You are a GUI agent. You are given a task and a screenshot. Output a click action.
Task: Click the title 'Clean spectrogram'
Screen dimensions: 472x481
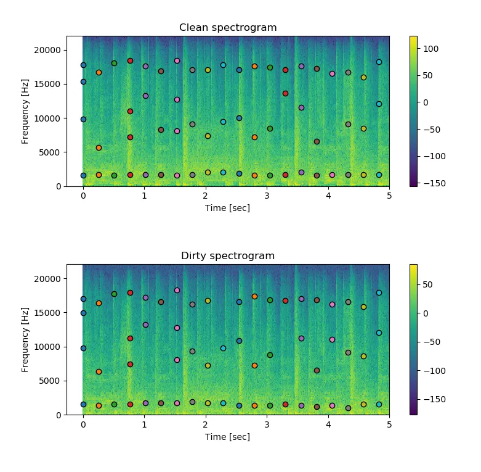click(x=228, y=28)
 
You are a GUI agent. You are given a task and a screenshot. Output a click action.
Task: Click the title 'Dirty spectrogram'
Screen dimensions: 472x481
click(x=228, y=256)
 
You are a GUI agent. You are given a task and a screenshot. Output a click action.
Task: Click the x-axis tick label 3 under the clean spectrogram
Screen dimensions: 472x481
click(x=267, y=196)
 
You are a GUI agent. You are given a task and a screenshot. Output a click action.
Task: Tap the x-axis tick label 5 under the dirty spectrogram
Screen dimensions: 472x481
click(x=389, y=424)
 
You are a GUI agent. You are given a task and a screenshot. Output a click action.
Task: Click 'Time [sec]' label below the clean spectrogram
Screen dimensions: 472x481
click(x=228, y=208)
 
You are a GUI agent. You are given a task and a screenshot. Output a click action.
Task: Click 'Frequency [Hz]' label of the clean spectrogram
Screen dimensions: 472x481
click(x=25, y=111)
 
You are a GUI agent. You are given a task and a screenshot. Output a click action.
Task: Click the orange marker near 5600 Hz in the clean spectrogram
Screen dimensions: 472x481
click(x=99, y=148)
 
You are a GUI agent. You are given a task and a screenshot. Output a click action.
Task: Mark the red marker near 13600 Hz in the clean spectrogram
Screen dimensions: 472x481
click(x=285, y=93)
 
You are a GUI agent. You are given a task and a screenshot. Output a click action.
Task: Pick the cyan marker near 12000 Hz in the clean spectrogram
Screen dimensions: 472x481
click(x=379, y=104)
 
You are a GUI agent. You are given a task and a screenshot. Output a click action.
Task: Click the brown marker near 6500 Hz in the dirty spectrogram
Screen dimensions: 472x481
click(x=317, y=370)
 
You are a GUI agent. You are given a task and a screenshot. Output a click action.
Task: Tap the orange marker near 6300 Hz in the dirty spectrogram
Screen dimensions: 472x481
click(x=99, y=371)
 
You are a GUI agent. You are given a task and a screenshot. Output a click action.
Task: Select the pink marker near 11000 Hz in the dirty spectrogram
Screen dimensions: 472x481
click(x=332, y=339)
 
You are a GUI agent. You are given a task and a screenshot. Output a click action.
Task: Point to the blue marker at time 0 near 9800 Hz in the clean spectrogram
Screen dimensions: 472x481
click(x=83, y=119)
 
